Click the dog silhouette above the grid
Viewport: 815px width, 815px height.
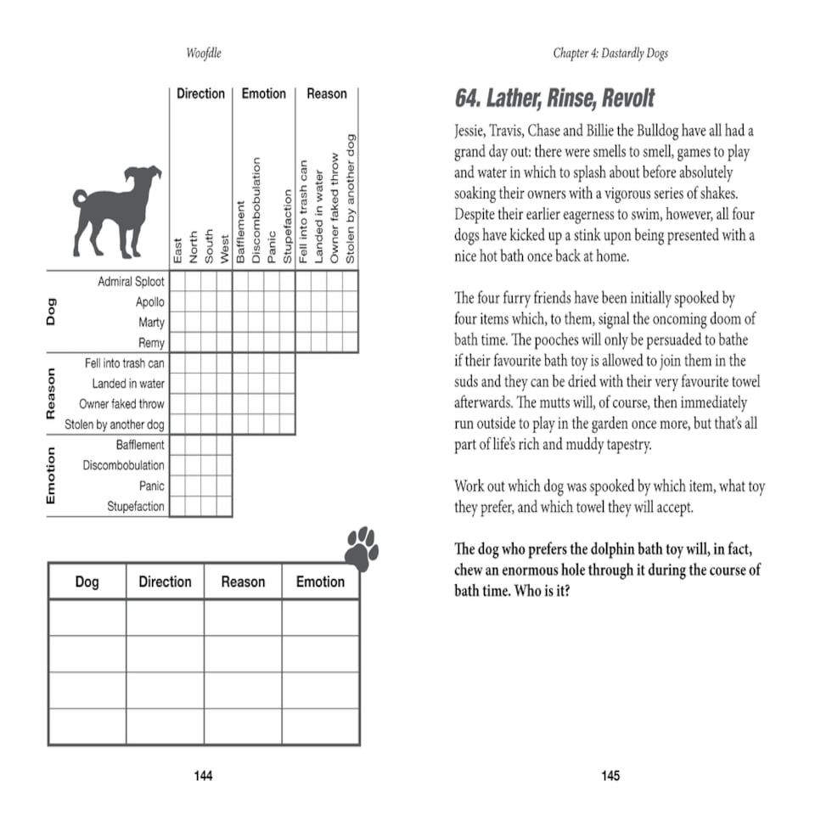(116, 212)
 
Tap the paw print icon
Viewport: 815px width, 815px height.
(362, 548)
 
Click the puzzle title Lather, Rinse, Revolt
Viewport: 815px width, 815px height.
(554, 98)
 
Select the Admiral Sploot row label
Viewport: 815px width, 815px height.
(131, 281)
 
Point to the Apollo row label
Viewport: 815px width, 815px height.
(149, 301)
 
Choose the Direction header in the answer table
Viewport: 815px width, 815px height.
(165, 582)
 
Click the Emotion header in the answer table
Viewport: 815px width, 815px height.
(320, 582)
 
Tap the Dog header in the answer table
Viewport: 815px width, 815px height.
(87, 582)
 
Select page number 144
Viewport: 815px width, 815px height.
(203, 775)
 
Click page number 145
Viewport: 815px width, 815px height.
(610, 775)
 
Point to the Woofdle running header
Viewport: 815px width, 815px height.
(203, 53)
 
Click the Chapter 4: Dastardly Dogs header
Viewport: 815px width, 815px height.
(610, 53)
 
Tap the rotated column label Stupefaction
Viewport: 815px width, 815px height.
(288, 228)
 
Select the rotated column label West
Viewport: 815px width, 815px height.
(225, 249)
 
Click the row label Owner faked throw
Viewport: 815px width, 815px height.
(121, 404)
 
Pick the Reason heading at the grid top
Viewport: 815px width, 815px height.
(327, 93)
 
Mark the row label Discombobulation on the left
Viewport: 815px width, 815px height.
(123, 465)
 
